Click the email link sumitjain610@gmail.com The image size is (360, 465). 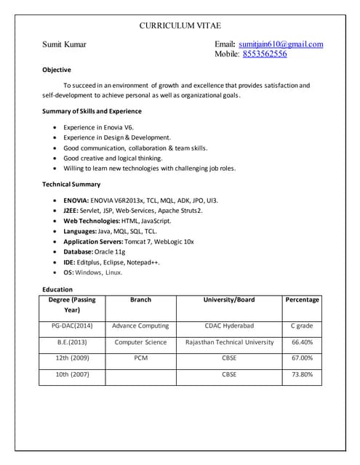[x=281, y=44]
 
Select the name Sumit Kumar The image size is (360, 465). [x=64, y=44]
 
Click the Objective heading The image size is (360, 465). [x=57, y=70]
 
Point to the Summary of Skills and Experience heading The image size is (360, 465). [x=92, y=111]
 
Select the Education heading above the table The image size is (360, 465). [x=57, y=289]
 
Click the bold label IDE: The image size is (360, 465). [x=70, y=262]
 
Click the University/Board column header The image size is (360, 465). [x=229, y=299]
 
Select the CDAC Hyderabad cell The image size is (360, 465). [x=229, y=325]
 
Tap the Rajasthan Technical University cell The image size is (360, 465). [x=229, y=341]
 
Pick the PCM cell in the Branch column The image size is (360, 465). [x=140, y=357]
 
